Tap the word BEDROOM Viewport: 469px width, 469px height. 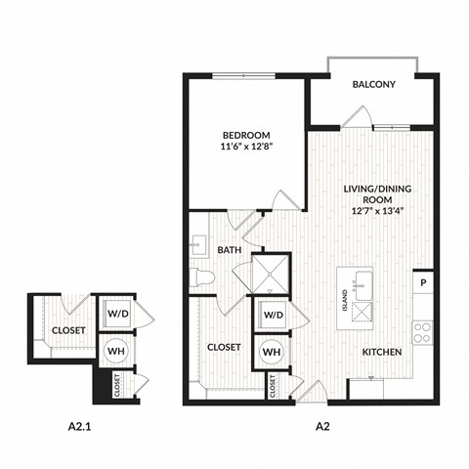coord(246,135)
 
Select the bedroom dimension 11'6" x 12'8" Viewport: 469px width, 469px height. coord(246,149)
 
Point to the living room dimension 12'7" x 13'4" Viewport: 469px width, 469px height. coord(374,209)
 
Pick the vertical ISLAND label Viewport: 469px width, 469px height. coord(345,300)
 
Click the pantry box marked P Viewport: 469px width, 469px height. coord(424,283)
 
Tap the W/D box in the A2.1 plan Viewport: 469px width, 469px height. coord(116,315)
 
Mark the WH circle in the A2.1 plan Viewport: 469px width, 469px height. coord(116,349)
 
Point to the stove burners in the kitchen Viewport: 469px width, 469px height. coord(424,332)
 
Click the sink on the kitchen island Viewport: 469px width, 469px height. coord(365,286)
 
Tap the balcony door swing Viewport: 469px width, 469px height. coord(356,117)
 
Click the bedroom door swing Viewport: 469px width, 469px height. coord(284,198)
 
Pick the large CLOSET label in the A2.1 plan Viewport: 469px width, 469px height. coord(68,330)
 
